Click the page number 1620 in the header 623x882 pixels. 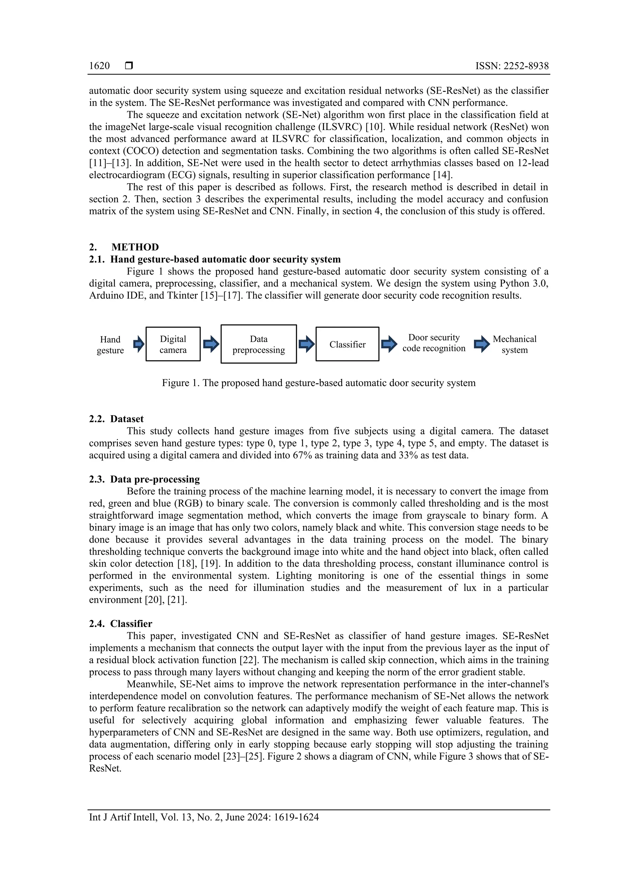[99, 66]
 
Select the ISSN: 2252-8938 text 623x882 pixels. [512, 66]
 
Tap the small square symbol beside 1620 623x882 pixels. [129, 66]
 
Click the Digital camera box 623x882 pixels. [173, 344]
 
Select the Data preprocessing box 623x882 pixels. [259, 344]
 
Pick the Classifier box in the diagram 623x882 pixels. [347, 344]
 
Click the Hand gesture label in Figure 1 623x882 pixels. [110, 345]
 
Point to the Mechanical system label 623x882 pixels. [514, 345]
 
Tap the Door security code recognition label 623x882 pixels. [434, 343]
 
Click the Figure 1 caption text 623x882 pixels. [318, 383]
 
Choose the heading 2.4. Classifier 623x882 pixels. [120, 624]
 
